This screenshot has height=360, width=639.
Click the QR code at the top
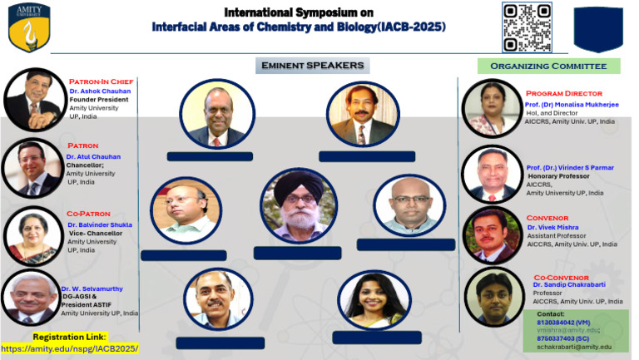click(527, 27)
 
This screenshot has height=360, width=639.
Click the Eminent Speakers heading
click(312, 66)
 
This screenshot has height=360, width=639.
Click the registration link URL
click(70, 348)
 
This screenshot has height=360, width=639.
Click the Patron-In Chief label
click(102, 81)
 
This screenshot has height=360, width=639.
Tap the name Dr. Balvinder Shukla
click(99, 224)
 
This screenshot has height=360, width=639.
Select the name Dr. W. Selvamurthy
click(92, 288)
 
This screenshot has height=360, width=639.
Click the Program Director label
click(563, 93)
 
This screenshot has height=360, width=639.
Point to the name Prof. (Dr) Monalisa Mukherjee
click(570, 102)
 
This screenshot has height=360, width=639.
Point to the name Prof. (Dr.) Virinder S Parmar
click(571, 167)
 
